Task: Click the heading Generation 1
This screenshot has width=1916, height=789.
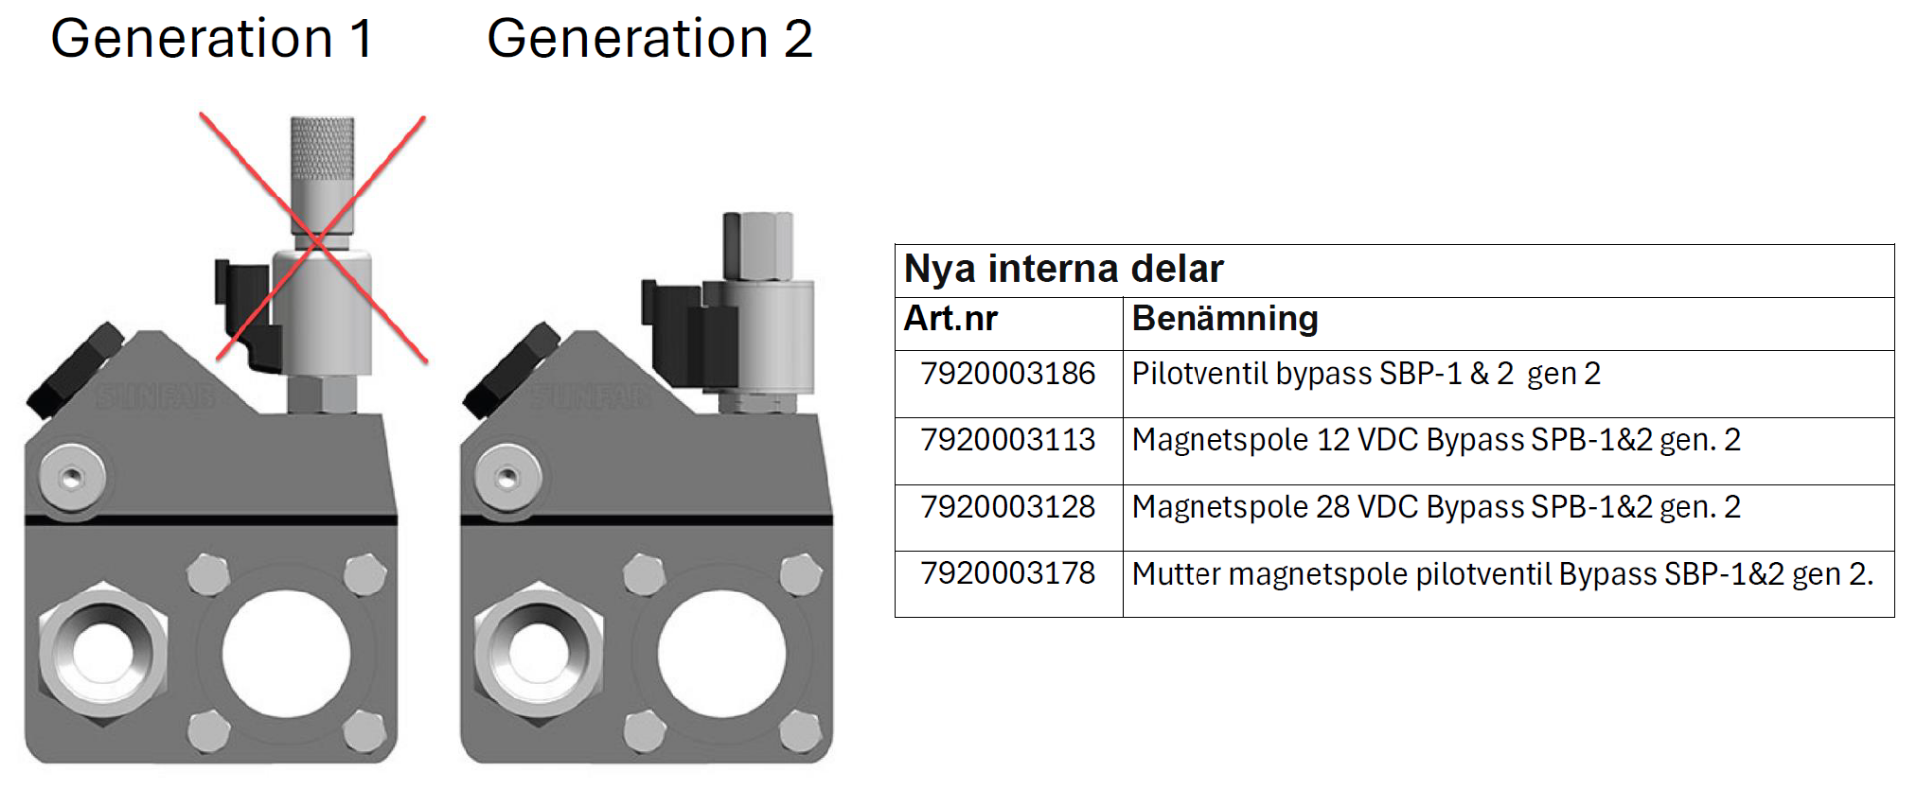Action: pos(212,39)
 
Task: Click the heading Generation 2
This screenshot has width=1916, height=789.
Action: pos(650,39)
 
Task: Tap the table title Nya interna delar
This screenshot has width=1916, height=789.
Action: pos(1063,269)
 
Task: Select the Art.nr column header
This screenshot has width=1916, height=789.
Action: pos(950,319)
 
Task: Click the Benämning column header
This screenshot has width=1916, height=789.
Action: pos(1224,319)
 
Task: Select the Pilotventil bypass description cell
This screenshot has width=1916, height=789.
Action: pos(1365,374)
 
